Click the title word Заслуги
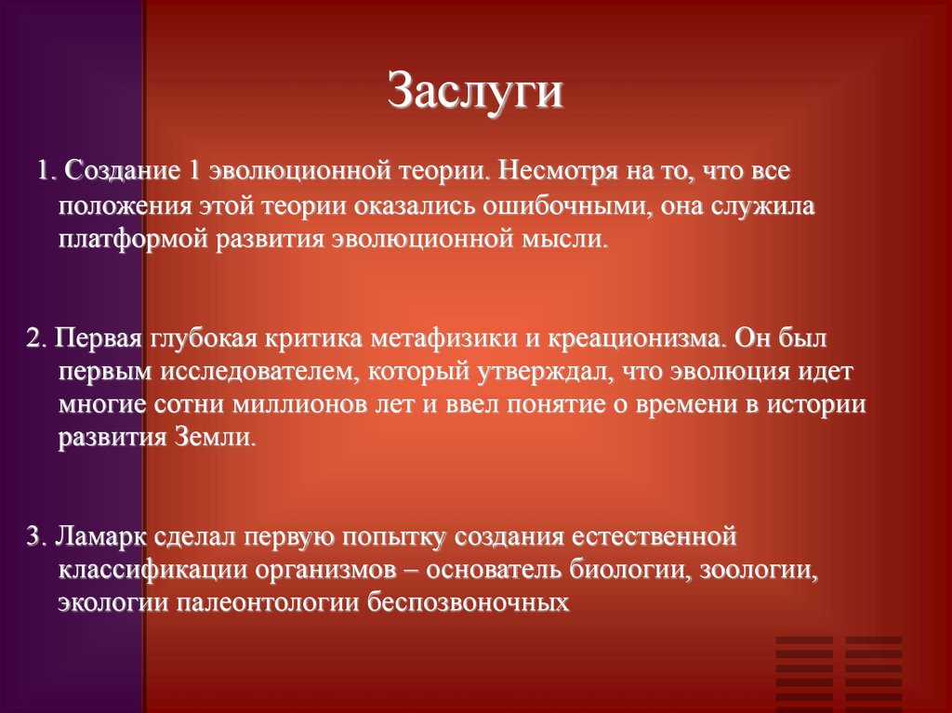click(x=475, y=93)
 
